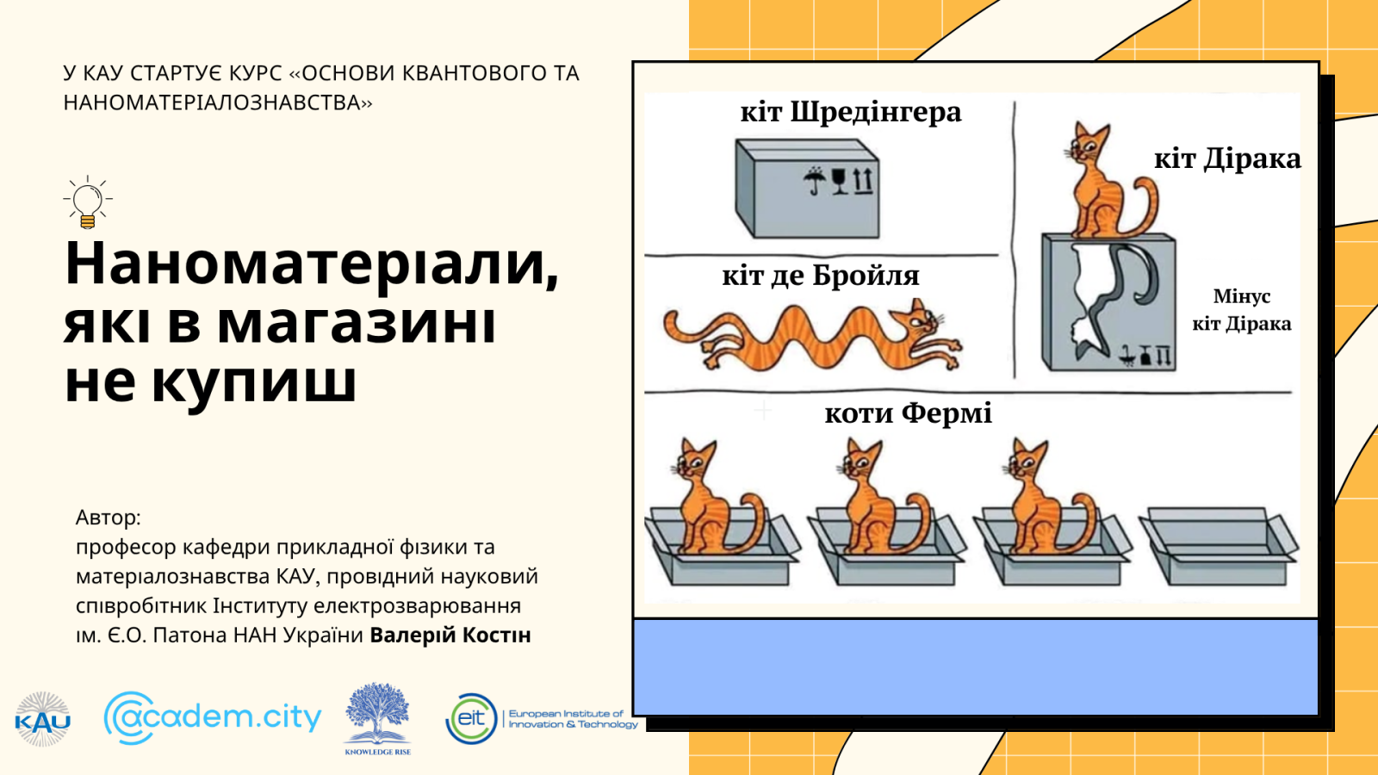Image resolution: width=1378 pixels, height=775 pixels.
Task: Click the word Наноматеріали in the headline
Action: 311,263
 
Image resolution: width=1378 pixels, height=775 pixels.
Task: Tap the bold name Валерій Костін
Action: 450,635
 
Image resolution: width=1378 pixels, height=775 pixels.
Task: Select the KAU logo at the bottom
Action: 42,719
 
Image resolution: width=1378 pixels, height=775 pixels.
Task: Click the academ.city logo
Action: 213,717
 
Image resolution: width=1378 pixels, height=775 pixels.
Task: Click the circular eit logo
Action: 471,718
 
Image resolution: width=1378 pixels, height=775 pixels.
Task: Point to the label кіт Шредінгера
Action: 850,113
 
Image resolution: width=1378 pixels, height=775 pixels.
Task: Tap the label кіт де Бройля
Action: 820,276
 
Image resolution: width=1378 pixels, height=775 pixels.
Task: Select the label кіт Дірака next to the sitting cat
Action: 1227,159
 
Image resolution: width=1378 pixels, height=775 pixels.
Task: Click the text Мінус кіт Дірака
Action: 1241,310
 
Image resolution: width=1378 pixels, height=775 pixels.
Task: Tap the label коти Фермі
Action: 908,414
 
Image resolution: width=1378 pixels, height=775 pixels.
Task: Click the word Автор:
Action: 109,518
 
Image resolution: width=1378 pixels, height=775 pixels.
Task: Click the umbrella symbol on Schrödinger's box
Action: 813,181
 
